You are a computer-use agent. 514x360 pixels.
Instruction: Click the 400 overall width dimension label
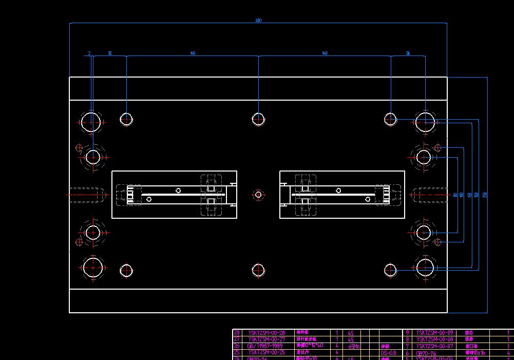[258, 21]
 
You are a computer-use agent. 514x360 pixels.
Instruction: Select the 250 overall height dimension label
[485, 195]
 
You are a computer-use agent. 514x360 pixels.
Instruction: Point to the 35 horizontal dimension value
[109, 53]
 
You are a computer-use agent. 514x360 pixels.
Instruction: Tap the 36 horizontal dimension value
[408, 53]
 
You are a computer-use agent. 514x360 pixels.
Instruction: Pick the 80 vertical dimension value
[455, 195]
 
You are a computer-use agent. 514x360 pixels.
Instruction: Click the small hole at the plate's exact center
[258, 195]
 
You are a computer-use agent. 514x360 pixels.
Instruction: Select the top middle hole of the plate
[258, 119]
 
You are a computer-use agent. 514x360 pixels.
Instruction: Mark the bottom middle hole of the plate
[258, 270]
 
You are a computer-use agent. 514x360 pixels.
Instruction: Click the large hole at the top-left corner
[91, 122]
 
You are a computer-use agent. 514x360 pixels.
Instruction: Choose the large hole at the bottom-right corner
[425, 268]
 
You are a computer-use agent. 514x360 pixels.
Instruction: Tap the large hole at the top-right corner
[425, 122]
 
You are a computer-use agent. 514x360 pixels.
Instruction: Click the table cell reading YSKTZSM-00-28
[266, 333]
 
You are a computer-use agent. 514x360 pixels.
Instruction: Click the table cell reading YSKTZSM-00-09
[434, 333]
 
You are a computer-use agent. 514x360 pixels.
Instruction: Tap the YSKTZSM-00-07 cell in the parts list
[434, 346]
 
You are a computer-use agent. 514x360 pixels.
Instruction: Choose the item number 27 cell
[237, 339]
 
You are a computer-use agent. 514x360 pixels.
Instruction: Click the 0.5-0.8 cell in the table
[387, 353]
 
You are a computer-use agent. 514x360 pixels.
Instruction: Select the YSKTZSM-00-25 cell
[266, 353]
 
